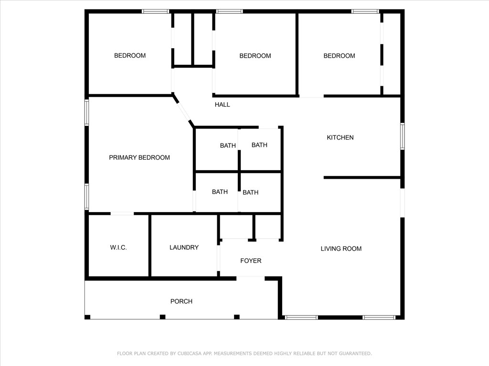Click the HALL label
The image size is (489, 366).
pyautogui.click(x=223, y=105)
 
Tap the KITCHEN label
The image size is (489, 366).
pyautogui.click(x=340, y=138)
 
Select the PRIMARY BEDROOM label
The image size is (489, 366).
pyautogui.click(x=139, y=158)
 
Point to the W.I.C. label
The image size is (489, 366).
pyautogui.click(x=118, y=248)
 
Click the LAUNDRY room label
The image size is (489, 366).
pyautogui.click(x=184, y=247)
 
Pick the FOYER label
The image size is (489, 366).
pyautogui.click(x=251, y=261)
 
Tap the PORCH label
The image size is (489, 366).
pyautogui.click(x=181, y=301)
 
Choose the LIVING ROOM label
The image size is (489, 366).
pyautogui.click(x=341, y=249)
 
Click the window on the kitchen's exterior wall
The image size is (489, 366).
pyautogui.click(x=402, y=136)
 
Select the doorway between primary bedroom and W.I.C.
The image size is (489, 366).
pyautogui.click(x=122, y=213)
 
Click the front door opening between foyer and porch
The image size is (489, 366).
pyautogui.click(x=250, y=278)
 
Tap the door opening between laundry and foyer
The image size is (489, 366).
pyautogui.click(x=218, y=258)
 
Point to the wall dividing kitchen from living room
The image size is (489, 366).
pyautogui.click(x=362, y=178)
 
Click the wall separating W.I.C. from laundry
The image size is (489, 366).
pyautogui.click(x=149, y=245)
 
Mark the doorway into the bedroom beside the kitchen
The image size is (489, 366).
pyautogui.click(x=311, y=96)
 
